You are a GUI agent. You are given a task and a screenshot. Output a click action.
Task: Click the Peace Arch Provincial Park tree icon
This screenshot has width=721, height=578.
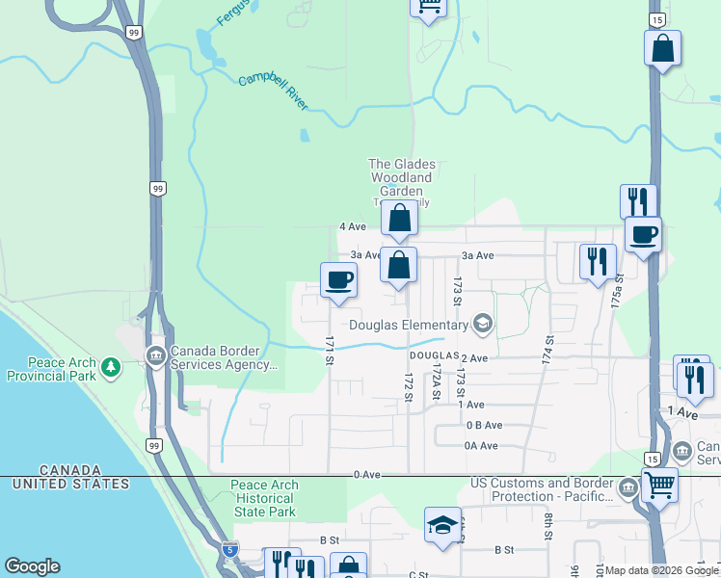[112, 366]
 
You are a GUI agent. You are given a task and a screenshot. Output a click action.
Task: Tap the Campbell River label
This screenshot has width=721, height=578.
[273, 92]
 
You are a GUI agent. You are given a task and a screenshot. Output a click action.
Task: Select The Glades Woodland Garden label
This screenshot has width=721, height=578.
[402, 177]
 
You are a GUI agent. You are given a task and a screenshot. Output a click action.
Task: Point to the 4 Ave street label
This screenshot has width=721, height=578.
[353, 227]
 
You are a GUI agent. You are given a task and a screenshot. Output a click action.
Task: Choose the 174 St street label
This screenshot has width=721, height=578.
[549, 348]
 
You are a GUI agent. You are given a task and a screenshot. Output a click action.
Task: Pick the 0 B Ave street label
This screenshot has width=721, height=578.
[485, 425]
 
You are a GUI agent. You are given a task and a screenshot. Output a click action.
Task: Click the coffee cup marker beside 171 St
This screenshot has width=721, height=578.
[338, 280]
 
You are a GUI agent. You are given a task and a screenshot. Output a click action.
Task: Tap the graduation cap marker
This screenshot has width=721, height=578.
[442, 525]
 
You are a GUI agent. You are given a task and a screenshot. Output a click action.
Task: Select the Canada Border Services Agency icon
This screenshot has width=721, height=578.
[154, 357]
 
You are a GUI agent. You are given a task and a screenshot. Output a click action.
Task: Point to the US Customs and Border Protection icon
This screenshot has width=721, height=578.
[628, 488]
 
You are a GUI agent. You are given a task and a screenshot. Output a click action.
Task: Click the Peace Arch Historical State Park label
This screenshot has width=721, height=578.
[264, 498]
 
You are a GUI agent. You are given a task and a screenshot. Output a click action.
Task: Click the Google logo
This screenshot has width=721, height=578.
[32, 566]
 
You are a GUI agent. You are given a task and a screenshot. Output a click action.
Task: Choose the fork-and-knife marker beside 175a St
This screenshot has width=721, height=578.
[598, 261]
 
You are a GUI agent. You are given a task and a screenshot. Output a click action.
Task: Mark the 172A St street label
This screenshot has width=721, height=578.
[436, 379]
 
